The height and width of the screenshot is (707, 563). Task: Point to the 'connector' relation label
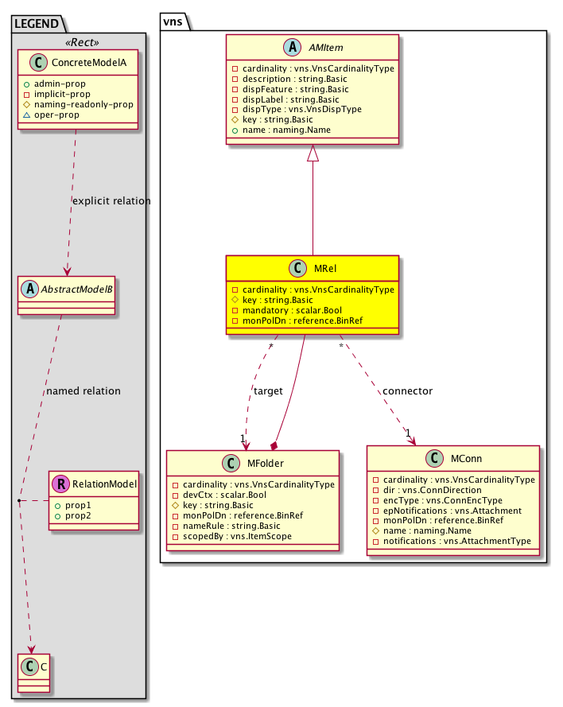(x=408, y=390)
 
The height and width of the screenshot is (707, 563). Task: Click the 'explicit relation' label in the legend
(x=111, y=200)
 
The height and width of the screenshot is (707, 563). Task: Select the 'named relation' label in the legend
(x=83, y=390)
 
